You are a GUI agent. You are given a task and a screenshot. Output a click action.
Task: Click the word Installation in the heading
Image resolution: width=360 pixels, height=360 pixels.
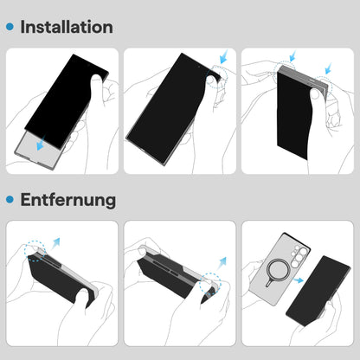click(x=66, y=27)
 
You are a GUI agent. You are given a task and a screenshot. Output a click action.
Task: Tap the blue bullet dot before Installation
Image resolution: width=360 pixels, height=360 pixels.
click(x=10, y=28)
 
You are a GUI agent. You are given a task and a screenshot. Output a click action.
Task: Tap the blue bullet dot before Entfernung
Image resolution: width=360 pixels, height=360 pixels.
click(x=10, y=200)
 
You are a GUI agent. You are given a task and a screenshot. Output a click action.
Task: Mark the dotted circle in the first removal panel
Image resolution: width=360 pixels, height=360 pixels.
click(x=35, y=254)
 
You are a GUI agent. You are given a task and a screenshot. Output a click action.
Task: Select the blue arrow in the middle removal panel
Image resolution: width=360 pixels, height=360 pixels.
click(x=222, y=259)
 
